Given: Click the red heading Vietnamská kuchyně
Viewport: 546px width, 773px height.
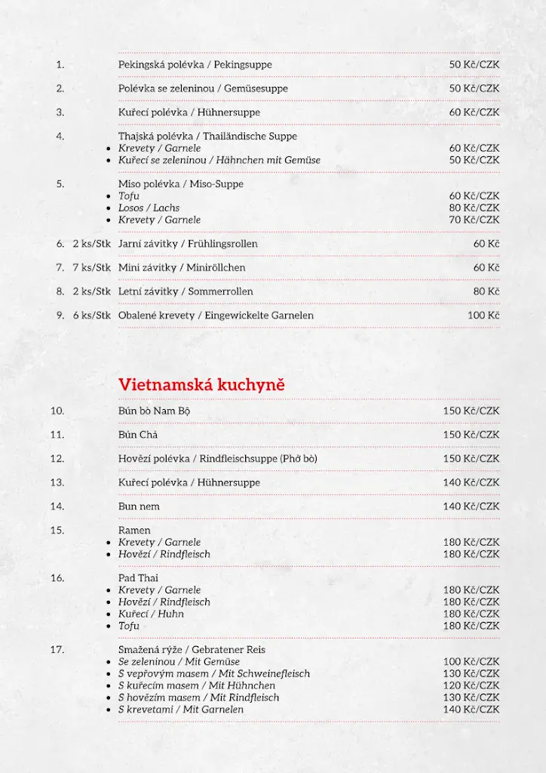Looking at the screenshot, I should (201, 385).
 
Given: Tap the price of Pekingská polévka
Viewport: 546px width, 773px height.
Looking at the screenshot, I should (474, 65).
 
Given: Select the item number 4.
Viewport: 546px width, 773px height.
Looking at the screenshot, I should (60, 137).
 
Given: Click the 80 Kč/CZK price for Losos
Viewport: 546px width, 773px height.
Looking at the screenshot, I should (474, 208).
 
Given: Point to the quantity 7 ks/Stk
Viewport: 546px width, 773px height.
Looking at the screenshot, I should (92, 268).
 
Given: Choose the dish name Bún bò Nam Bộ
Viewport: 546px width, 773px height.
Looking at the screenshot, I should (154, 411).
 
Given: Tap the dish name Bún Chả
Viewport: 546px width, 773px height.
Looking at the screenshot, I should (138, 435).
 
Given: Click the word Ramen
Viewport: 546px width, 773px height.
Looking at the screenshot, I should (134, 531).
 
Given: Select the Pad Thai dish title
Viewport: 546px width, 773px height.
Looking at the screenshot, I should (138, 578).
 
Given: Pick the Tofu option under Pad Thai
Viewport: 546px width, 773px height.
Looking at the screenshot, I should (129, 626).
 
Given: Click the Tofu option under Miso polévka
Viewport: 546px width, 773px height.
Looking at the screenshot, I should (129, 196).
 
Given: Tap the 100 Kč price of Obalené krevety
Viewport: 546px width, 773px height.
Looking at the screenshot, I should (483, 316).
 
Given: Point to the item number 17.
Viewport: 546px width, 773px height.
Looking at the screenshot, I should (57, 650).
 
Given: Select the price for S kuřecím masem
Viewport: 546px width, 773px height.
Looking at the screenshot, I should (471, 685).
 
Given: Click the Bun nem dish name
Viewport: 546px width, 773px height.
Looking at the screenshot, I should (139, 507).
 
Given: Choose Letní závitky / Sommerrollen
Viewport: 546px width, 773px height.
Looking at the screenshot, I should (186, 292).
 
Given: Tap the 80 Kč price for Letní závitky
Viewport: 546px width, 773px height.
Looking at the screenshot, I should (486, 292).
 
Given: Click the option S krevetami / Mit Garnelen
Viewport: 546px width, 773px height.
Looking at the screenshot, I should (181, 710).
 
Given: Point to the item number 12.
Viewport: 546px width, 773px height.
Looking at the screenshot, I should (57, 459).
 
